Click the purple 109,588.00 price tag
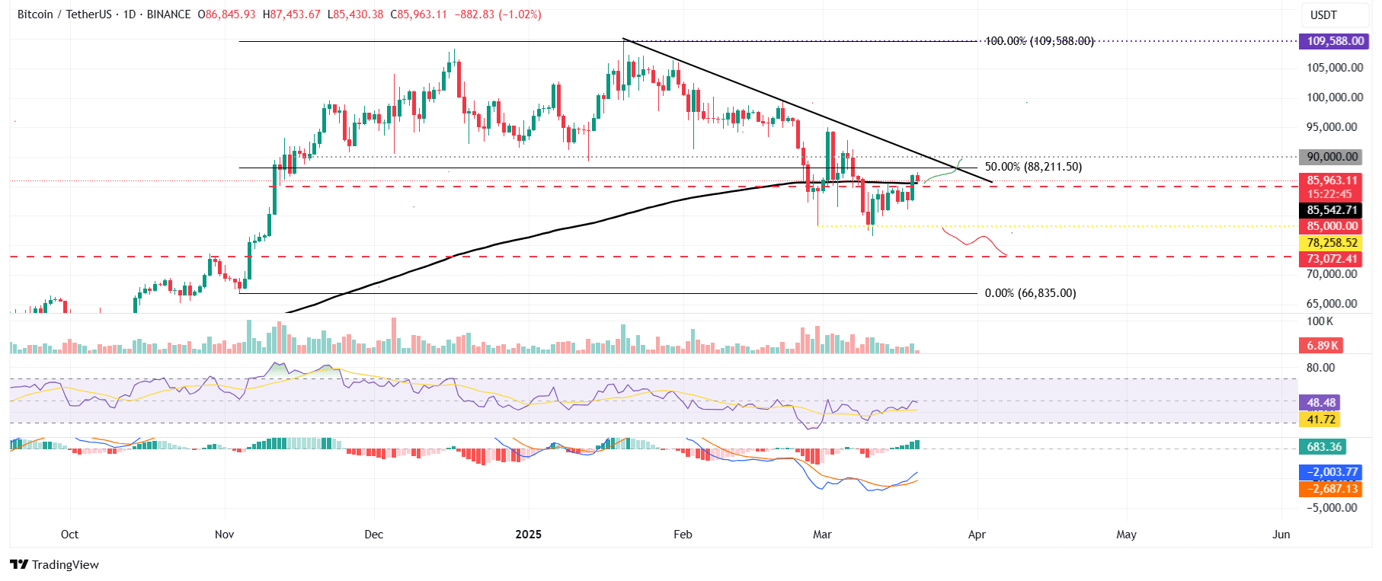(1335, 41)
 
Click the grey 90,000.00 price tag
(1332, 157)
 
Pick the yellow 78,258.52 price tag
(1332, 243)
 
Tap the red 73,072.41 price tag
(1332, 259)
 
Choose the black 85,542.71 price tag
(1332, 210)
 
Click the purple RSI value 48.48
(1321, 403)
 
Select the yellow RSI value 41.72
(1321, 420)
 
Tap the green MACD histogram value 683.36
(1323, 447)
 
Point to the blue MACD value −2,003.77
(1332, 472)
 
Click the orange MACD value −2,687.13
(1332, 489)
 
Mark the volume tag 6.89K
(1323, 346)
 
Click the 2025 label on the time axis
(528, 535)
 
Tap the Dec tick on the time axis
(373, 535)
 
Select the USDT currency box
(1323, 15)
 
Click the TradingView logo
(55, 564)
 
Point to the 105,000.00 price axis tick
(1335, 68)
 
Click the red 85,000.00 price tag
(1332, 226)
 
